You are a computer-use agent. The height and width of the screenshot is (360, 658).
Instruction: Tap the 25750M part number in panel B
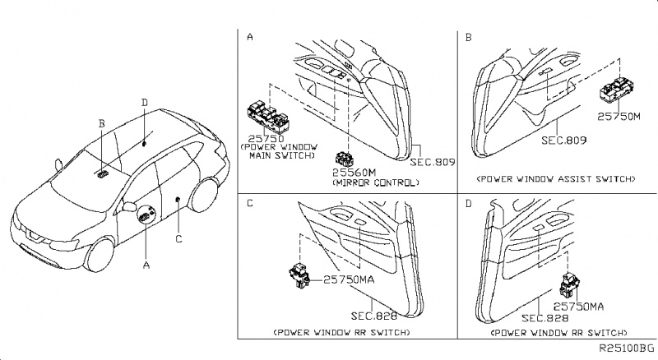619,117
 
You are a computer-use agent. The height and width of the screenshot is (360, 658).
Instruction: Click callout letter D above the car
144,103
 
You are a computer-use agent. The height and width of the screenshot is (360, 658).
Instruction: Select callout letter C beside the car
178,239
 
